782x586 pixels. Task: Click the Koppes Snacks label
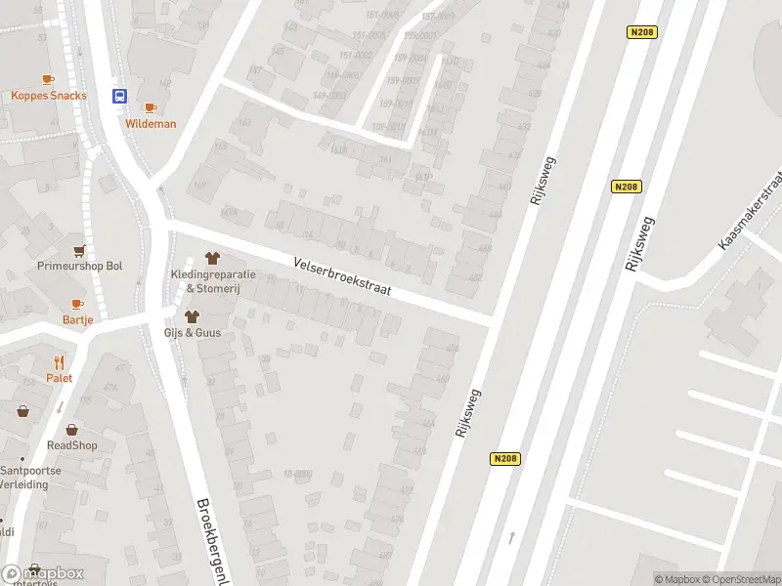[49, 96]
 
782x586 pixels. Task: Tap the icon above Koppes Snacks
[48, 79]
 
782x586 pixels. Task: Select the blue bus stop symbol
[119, 96]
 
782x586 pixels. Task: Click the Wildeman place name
[151, 124]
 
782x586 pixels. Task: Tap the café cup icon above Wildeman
[150, 107]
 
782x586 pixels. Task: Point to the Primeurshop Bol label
[79, 267]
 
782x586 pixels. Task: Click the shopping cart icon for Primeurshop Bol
[79, 250]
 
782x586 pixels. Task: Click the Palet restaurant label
[59, 378]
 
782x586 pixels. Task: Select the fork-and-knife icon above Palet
[59, 361]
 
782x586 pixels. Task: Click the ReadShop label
[72, 445]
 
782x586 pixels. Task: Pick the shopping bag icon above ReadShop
[72, 429]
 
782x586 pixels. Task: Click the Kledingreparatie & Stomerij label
[213, 280]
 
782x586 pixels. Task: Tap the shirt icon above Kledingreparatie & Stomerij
[213, 258]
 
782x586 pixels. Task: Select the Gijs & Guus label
[192, 333]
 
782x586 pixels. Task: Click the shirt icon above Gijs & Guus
[192, 316]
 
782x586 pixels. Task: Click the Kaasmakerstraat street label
[751, 208]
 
